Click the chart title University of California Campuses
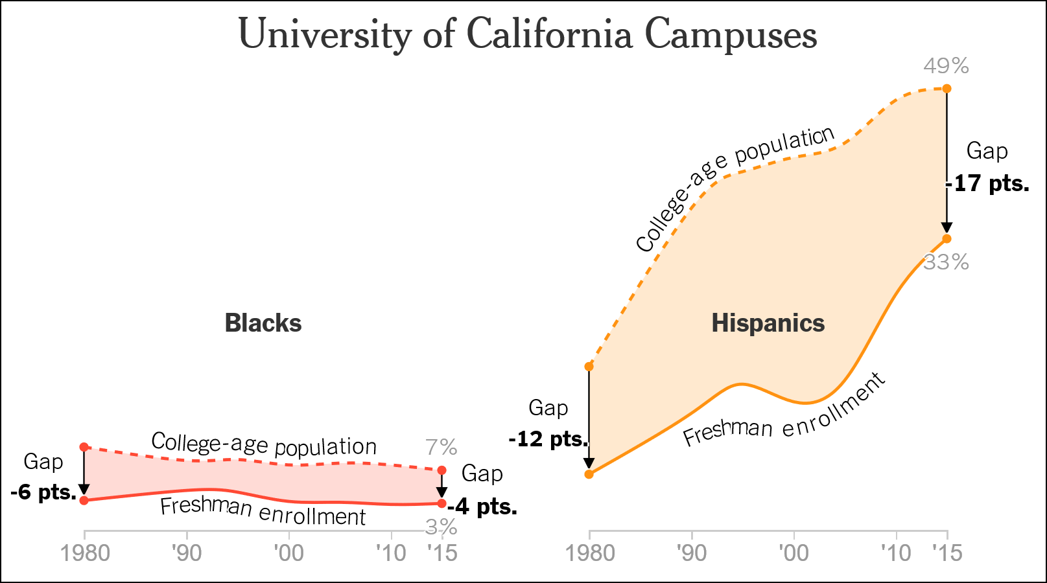(x=528, y=34)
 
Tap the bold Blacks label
(x=263, y=323)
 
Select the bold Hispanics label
(x=768, y=323)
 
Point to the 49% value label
(x=946, y=66)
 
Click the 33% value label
(x=946, y=262)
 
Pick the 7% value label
(x=441, y=448)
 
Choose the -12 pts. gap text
(x=548, y=439)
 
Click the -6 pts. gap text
(x=43, y=492)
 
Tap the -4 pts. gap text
(x=483, y=507)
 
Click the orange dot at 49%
(x=947, y=88)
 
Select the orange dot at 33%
(x=947, y=239)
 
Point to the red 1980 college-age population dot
(x=84, y=447)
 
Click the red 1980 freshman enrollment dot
(x=84, y=500)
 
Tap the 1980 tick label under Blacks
(x=85, y=553)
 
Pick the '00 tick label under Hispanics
(x=794, y=553)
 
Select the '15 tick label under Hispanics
(x=947, y=553)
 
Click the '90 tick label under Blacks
(x=187, y=553)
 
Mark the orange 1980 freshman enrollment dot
(x=589, y=474)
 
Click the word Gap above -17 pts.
(x=987, y=151)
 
